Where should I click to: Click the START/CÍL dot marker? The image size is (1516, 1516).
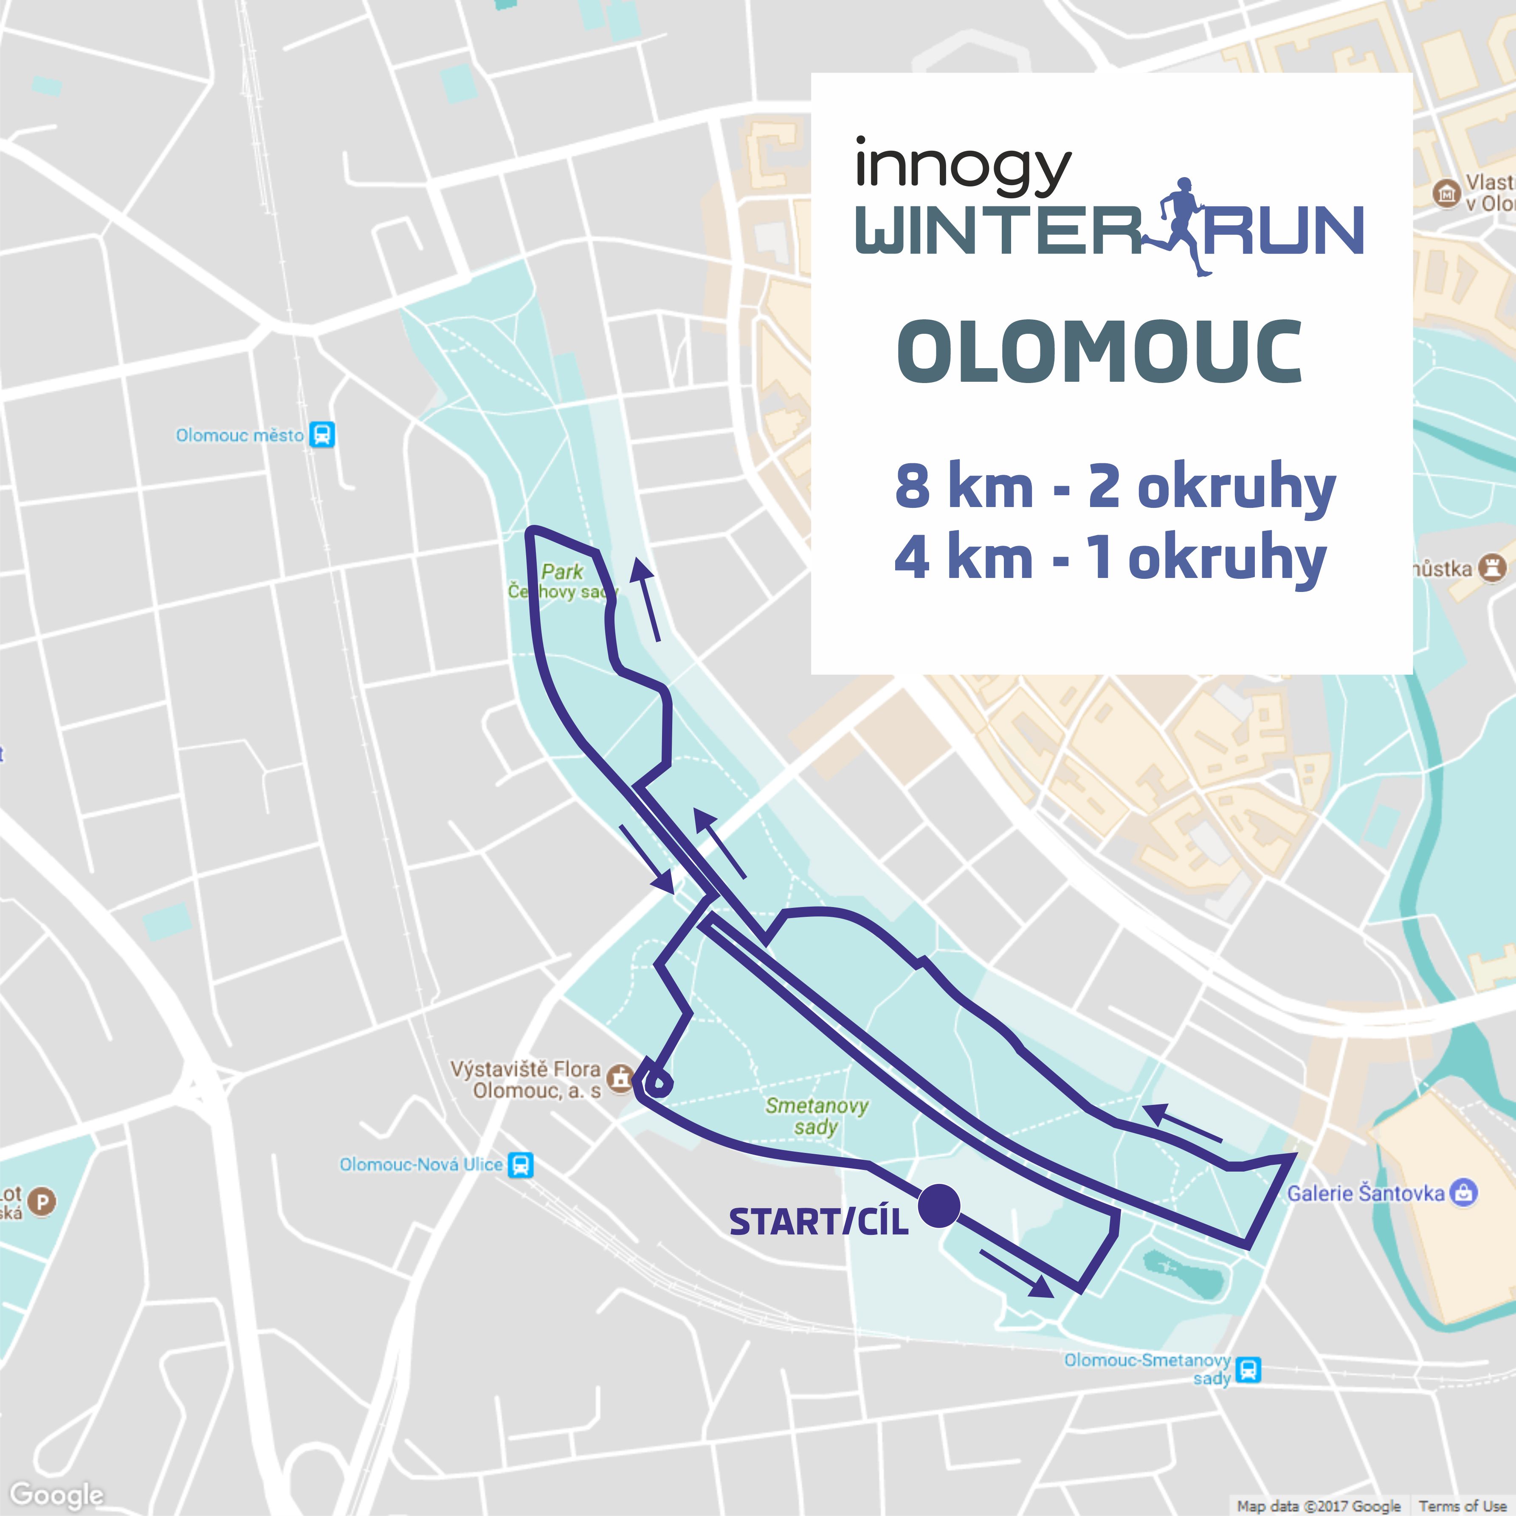[939, 1206]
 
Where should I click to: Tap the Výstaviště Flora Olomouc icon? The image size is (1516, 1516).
[621, 1078]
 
